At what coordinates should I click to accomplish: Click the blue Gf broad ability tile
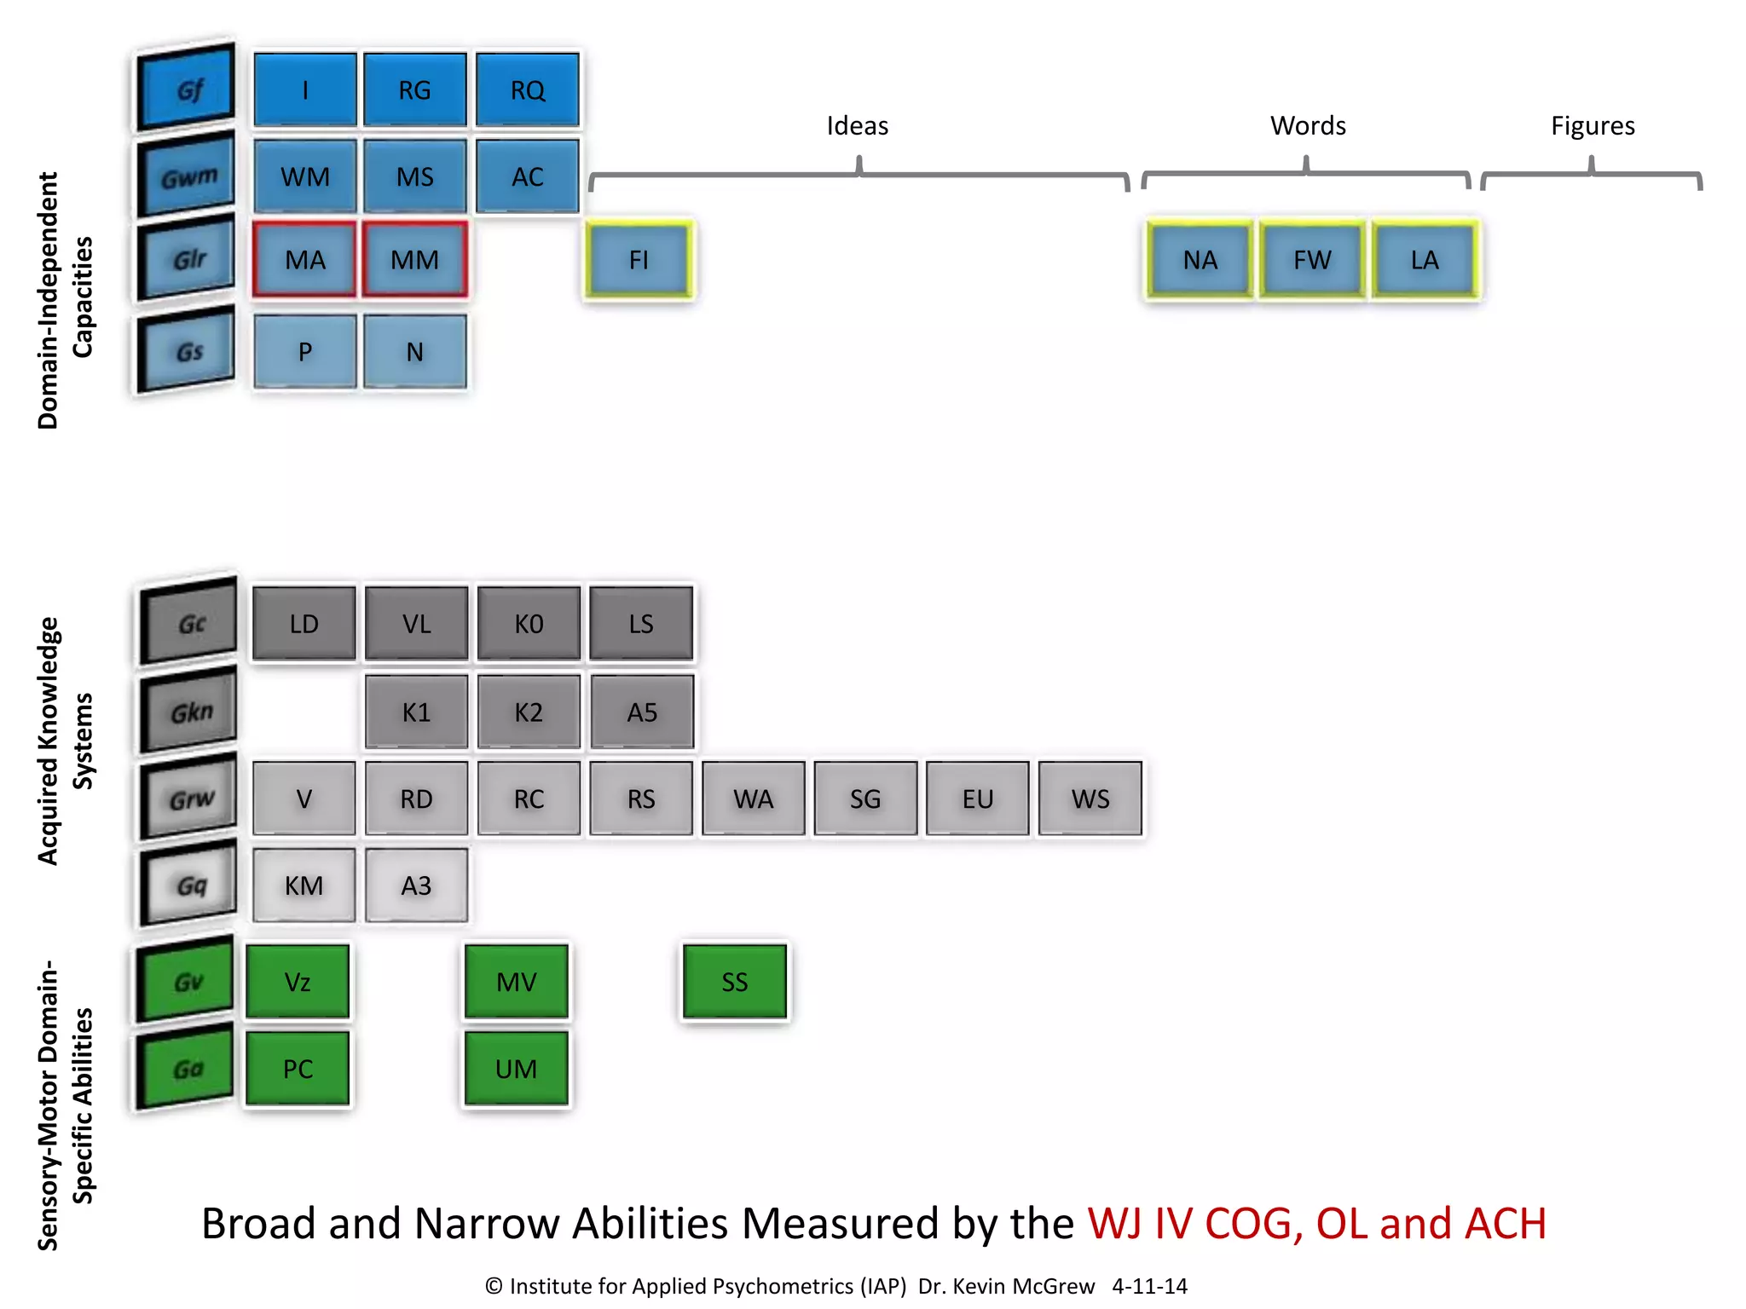coord(187,89)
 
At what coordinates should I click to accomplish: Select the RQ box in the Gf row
coord(527,90)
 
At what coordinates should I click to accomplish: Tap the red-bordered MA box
coord(304,260)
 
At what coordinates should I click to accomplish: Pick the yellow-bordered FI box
coord(639,260)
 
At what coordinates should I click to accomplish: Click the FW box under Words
coord(1311,260)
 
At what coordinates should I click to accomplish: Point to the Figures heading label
coord(1592,126)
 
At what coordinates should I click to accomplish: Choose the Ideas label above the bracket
coord(857,126)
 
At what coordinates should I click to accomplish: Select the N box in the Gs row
coord(414,352)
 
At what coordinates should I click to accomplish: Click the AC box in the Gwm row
coord(527,176)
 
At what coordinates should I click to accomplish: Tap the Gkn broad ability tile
coord(189,712)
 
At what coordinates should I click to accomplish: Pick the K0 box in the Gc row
coord(529,624)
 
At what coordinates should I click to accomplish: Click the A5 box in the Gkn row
coord(641,712)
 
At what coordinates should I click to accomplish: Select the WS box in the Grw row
coord(1090,799)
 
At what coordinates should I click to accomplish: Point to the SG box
coord(865,799)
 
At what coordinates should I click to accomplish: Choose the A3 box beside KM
coord(416,886)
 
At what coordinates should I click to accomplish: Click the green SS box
coord(734,982)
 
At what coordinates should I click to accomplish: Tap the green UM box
coord(516,1069)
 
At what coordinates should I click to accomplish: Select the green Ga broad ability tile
coord(187,1069)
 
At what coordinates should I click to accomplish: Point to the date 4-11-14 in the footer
coord(1149,1286)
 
